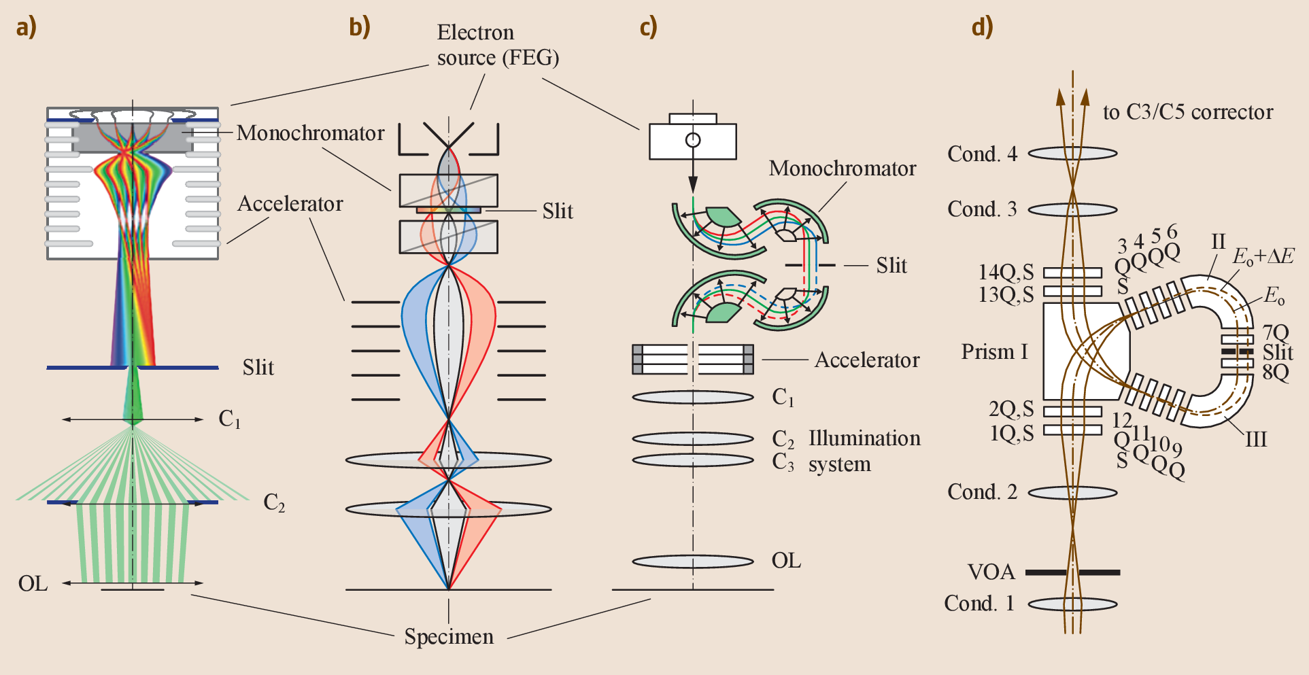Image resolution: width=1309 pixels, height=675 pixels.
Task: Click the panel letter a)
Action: [26, 27]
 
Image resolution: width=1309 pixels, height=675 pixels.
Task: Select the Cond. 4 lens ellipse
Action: [1072, 154]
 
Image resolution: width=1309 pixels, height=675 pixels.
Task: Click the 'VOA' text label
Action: [991, 572]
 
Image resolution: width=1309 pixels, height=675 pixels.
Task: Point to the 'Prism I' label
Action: [994, 352]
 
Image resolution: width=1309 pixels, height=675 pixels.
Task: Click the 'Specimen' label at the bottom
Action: [449, 637]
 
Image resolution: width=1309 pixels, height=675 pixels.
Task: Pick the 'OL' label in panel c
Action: [786, 561]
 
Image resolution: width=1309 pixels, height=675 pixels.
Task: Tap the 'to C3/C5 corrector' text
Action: [1187, 112]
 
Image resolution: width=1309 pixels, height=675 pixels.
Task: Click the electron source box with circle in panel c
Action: [692, 141]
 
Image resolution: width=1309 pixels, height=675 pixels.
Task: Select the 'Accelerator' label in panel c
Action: [866, 360]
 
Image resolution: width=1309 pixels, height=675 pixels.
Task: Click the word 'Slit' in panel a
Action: [258, 368]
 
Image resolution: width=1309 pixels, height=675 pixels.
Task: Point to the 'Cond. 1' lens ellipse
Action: [1072, 604]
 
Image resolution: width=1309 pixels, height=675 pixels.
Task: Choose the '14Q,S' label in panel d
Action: [1006, 273]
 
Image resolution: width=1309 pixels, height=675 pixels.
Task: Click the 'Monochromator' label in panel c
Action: [842, 169]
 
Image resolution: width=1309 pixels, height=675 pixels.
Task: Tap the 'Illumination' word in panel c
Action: [864, 438]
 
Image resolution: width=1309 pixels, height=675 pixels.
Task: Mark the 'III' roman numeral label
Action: [1255, 440]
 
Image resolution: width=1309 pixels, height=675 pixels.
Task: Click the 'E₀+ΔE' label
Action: [1263, 256]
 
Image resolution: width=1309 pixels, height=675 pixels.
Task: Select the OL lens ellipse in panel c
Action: [692, 561]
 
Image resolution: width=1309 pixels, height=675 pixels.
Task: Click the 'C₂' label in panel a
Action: [273, 503]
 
